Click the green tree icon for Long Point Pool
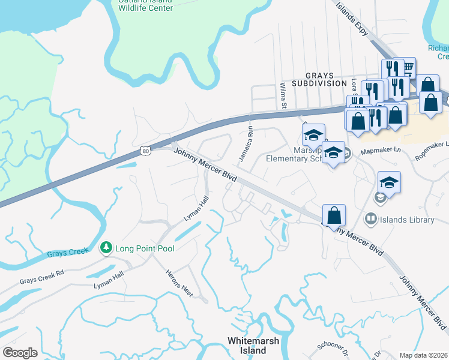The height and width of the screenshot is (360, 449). point(106,247)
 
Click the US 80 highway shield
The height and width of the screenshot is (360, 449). point(146,152)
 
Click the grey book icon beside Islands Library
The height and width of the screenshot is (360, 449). point(371,220)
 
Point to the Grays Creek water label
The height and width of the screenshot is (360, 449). point(68,254)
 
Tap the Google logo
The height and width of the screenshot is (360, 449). point(20,353)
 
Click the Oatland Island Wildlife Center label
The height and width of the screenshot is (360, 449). point(145,5)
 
